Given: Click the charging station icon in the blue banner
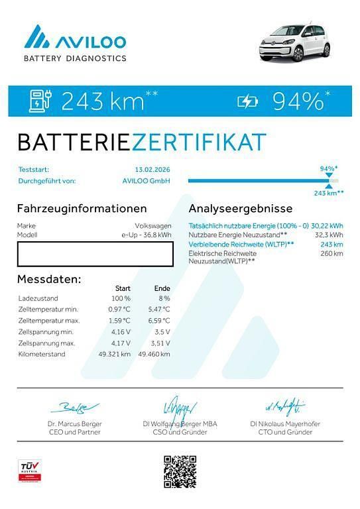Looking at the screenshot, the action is tap(40, 101).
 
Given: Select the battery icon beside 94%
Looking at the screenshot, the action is tap(249, 101).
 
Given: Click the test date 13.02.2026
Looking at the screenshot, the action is tap(152, 170).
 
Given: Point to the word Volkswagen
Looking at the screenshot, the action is tap(153, 226).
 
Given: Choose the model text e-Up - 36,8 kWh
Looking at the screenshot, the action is tap(146, 235).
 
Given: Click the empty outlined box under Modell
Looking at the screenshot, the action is tap(95, 254).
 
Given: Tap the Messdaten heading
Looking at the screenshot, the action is tap(49, 279).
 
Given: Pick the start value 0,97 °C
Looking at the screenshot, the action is tap(119, 310).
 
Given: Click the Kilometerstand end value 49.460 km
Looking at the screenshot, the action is tap(154, 355).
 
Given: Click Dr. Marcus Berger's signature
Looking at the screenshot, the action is tap(74, 406).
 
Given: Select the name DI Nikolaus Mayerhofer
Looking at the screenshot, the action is tap(286, 424).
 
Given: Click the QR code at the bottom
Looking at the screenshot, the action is tap(180, 471).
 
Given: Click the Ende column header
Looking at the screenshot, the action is tap(162, 288).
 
